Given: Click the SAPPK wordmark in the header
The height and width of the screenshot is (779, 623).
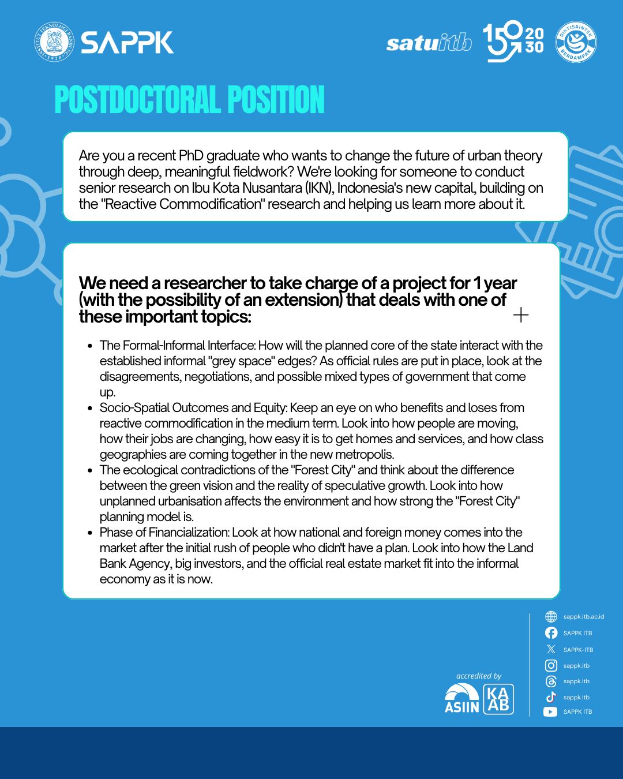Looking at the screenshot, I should click(x=127, y=43).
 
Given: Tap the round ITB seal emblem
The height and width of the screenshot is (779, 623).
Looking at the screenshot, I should click(x=54, y=42).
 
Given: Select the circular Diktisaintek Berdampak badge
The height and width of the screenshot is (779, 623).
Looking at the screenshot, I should click(x=576, y=43).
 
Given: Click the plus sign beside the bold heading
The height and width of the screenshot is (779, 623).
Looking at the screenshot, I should click(x=520, y=315).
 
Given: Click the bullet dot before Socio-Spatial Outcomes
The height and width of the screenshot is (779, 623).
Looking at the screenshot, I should click(x=90, y=408).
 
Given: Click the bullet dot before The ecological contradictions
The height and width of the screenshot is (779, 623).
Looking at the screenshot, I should click(x=90, y=470).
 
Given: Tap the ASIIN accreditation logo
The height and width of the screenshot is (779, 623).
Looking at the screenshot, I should click(x=461, y=699).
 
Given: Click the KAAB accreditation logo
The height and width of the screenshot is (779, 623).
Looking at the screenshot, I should click(x=498, y=699).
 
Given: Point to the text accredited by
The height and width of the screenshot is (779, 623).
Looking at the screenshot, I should click(x=479, y=676).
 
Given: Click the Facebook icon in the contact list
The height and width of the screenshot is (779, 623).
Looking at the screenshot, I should click(x=551, y=633).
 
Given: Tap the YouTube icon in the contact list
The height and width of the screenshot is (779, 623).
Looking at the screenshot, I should click(x=550, y=712).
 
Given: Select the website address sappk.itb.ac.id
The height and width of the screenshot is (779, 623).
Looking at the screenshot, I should click(x=583, y=617).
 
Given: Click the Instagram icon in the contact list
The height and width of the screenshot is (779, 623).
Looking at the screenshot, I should click(x=551, y=665).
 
